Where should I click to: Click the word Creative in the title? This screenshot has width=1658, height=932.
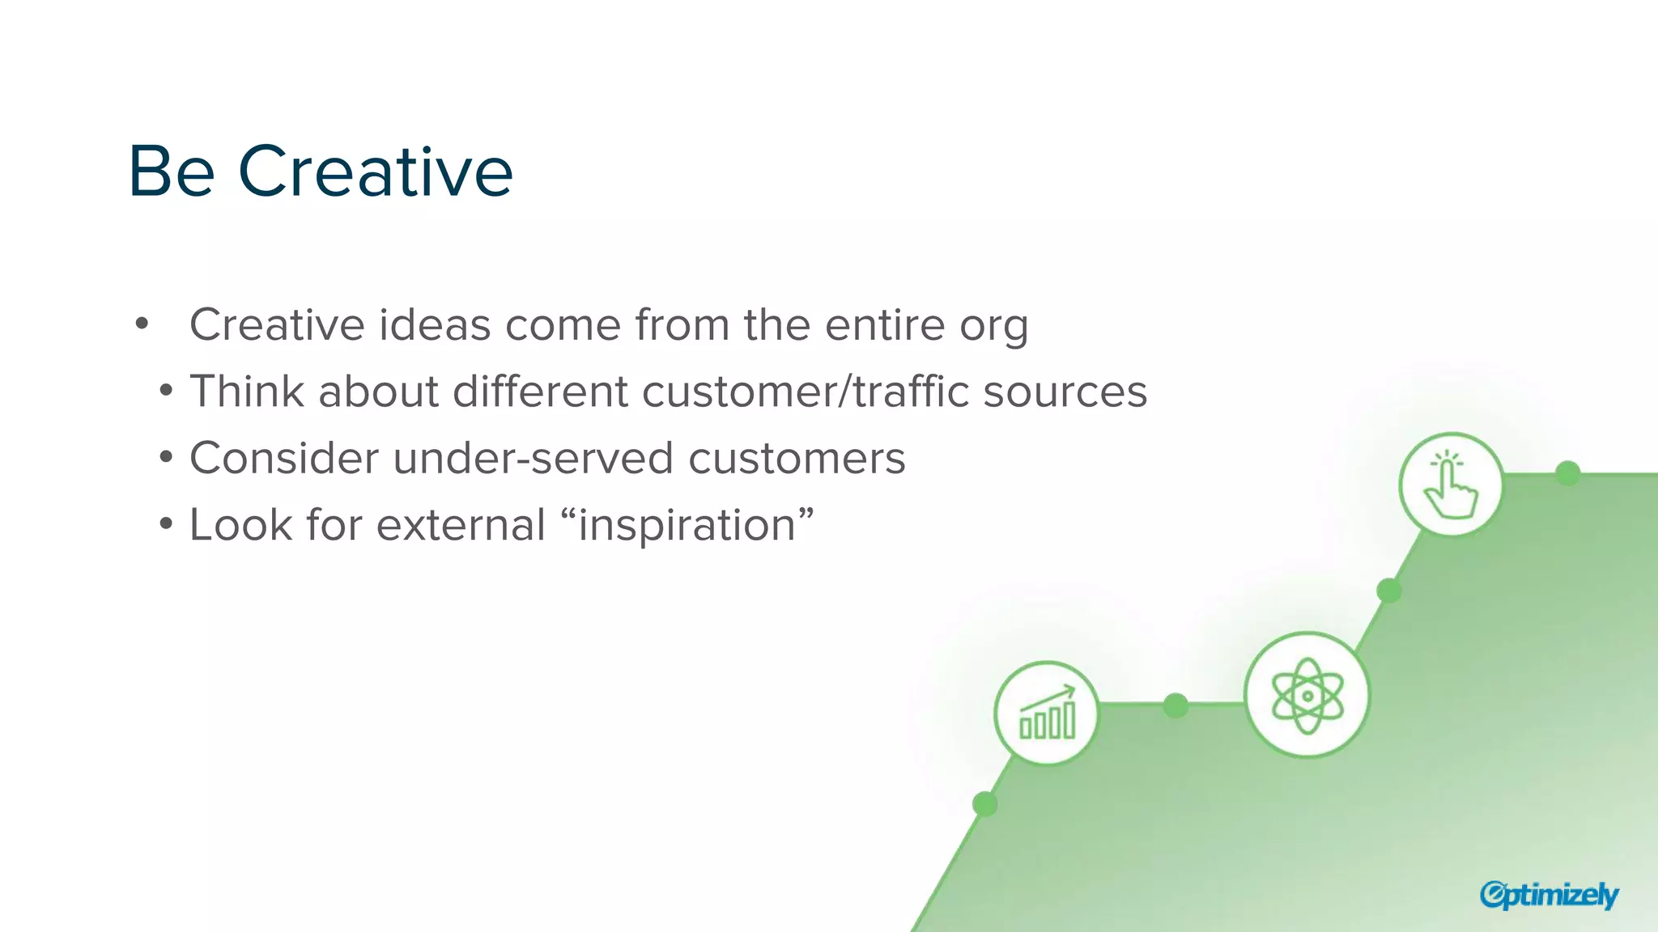pos(376,172)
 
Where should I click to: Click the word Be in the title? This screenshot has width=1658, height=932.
pos(172,172)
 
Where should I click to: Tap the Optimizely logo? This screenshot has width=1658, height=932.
pos(1549,895)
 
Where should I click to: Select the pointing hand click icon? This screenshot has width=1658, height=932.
pos(1451,485)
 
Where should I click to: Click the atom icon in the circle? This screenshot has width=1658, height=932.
pos(1307,695)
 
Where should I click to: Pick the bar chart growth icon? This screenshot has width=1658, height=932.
pos(1047,713)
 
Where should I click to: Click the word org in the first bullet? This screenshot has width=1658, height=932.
pos(994,326)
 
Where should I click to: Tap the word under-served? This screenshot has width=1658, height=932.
pos(534,459)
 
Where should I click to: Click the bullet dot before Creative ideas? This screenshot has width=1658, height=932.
pos(142,324)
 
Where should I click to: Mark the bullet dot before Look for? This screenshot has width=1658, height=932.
pos(166,524)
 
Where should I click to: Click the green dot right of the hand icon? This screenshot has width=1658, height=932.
pos(1568,473)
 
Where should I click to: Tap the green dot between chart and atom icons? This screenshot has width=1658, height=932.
pos(1175,705)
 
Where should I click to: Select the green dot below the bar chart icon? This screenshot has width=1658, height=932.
pos(984,804)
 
